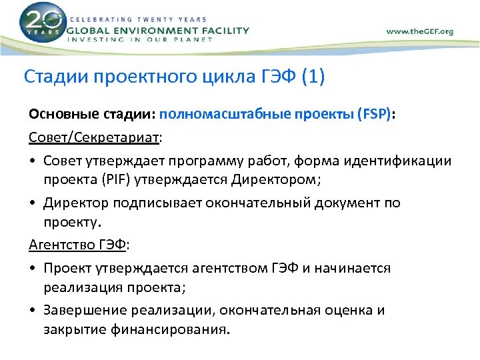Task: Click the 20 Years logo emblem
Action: point(43,23)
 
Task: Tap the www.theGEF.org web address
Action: point(419,31)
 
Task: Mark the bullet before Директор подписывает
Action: point(33,203)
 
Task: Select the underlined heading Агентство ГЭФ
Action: point(77,244)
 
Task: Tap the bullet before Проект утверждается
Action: point(33,268)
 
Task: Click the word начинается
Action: point(357,268)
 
